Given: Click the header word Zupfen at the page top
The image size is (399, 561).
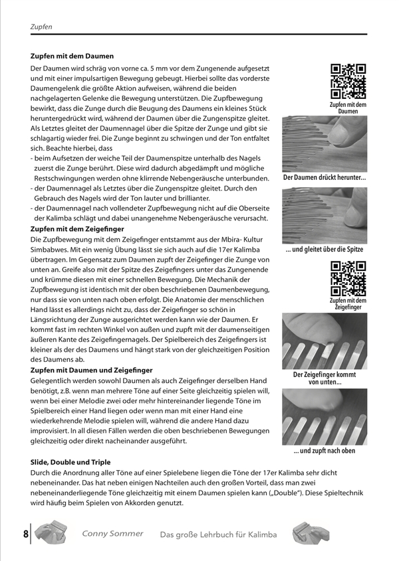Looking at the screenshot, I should pos(41,27).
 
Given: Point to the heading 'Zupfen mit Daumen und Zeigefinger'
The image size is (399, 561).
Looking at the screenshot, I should pos(92,369).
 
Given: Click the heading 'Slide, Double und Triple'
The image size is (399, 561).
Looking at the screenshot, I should pos(70,461).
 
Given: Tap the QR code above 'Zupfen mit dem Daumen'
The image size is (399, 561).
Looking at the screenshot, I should pos(348,80).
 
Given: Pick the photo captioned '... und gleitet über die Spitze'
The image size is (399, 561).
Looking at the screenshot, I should pos(325,214).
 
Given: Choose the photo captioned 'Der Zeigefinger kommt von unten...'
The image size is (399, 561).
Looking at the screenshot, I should pos(325,341).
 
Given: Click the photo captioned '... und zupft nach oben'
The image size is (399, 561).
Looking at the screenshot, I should pos(325,416).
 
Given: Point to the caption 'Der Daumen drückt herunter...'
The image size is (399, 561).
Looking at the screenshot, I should pos(325,178).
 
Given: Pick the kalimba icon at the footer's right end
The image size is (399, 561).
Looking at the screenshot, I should pos(310,533).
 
